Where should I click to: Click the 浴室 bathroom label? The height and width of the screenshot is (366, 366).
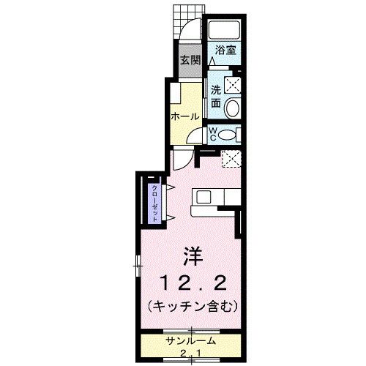(x=225, y=51)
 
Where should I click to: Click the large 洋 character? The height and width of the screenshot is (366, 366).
(x=192, y=258)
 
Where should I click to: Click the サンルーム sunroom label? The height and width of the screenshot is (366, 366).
(x=190, y=341)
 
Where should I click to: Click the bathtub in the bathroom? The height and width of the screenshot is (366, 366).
(x=225, y=31)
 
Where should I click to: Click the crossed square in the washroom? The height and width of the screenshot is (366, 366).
(x=233, y=84)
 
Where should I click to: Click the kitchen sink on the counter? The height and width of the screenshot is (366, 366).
(x=202, y=196)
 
